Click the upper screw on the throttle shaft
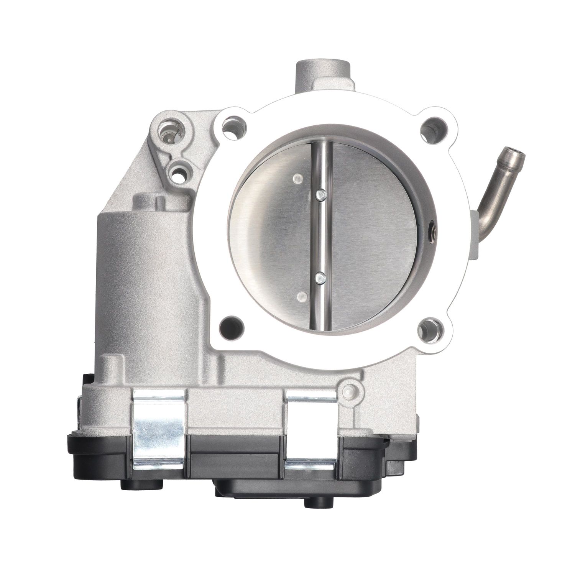click(x=320, y=195)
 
